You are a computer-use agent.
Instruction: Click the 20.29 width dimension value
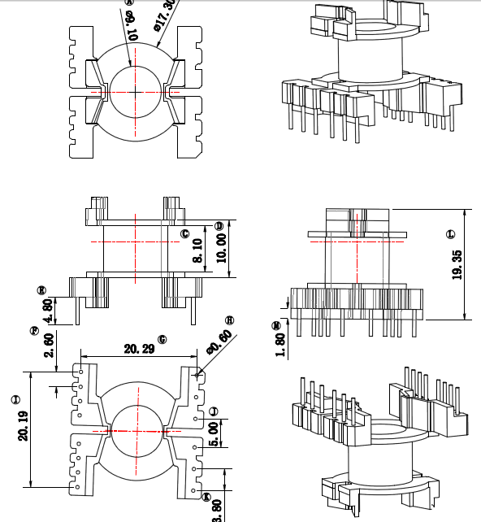coord(141,349)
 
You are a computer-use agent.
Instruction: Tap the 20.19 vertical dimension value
coord(23,425)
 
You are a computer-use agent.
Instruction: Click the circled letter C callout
coord(184,234)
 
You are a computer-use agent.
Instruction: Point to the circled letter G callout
coord(162,338)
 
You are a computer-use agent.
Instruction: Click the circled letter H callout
coord(229,320)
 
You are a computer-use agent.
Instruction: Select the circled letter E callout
coord(41,289)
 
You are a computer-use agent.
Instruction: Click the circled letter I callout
coord(15,399)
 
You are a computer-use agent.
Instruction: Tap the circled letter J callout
coord(214,411)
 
